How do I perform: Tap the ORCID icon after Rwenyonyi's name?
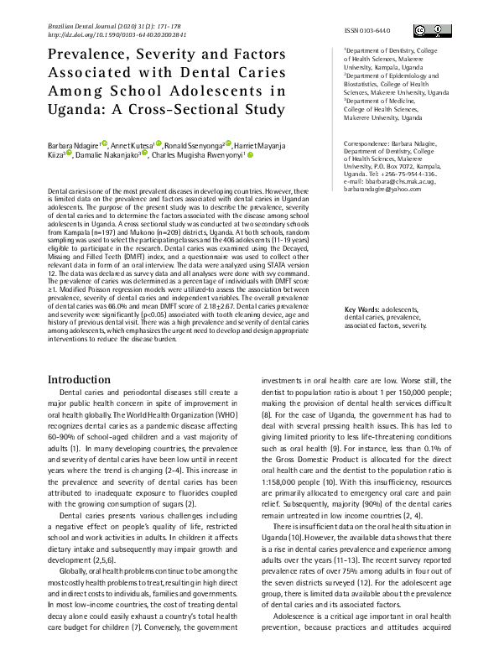click(249, 154)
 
